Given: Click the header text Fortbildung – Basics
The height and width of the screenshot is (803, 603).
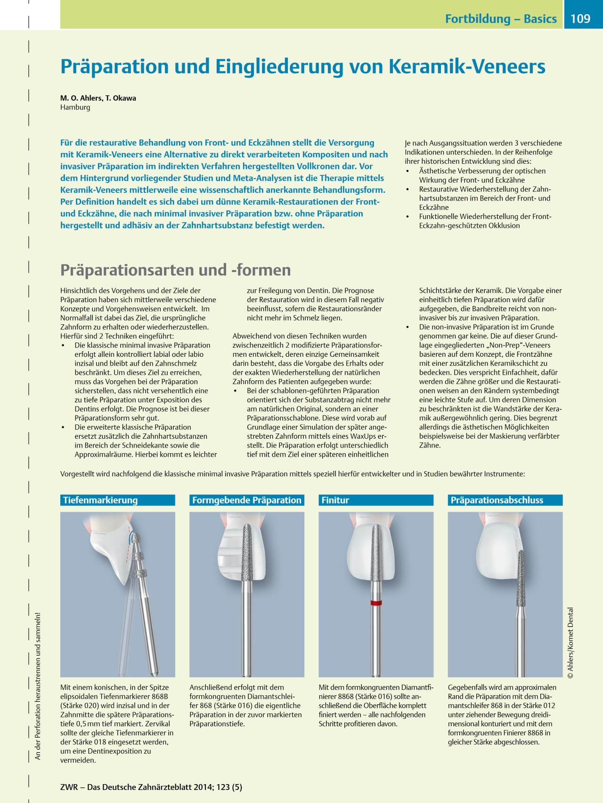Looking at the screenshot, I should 501,19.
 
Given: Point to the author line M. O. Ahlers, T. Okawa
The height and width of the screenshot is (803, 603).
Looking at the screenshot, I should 98,98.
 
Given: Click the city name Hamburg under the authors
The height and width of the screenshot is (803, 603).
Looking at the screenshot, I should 75,107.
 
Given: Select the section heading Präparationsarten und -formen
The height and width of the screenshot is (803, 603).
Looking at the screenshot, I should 175,270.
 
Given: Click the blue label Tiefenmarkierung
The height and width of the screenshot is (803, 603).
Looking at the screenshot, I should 100,500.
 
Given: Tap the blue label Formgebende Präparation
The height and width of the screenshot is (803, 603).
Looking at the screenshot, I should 246,500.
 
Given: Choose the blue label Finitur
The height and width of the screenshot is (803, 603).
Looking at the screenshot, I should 335,500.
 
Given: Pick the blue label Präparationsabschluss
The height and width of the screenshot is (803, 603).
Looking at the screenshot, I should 497,500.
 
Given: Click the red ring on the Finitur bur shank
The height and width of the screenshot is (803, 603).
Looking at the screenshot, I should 375,603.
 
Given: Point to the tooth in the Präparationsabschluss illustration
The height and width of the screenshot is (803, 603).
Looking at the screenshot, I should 495,551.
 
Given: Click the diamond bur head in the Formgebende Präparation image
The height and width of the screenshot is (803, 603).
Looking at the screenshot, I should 249,553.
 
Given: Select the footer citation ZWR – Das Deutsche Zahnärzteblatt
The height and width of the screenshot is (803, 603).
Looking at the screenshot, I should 151,787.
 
